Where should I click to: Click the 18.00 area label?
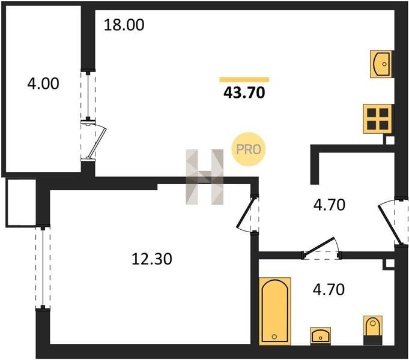point(124,25)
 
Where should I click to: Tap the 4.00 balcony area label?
point(43,83)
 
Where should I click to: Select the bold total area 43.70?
point(244,92)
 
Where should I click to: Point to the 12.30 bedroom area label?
point(152,259)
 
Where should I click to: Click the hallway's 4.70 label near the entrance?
point(330,205)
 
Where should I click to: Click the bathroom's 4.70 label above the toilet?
point(329,290)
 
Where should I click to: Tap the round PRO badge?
point(248,149)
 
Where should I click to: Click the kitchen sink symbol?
point(381,64)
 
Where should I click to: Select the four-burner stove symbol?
point(378,119)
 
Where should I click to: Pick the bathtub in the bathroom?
point(275,311)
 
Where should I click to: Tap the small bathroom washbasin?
point(321,336)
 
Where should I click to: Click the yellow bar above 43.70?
point(244,80)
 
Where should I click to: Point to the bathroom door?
point(319,246)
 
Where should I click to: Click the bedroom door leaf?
point(245,213)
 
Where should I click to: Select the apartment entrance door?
point(388,224)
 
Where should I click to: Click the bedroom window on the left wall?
point(43,266)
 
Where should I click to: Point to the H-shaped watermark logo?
point(204,177)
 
